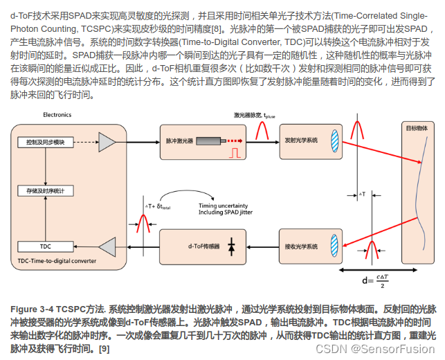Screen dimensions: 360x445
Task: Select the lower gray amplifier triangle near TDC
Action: click(x=109, y=246)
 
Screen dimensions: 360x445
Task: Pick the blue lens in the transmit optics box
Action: click(x=333, y=141)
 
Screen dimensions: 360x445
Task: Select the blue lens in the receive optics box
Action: click(x=333, y=246)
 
